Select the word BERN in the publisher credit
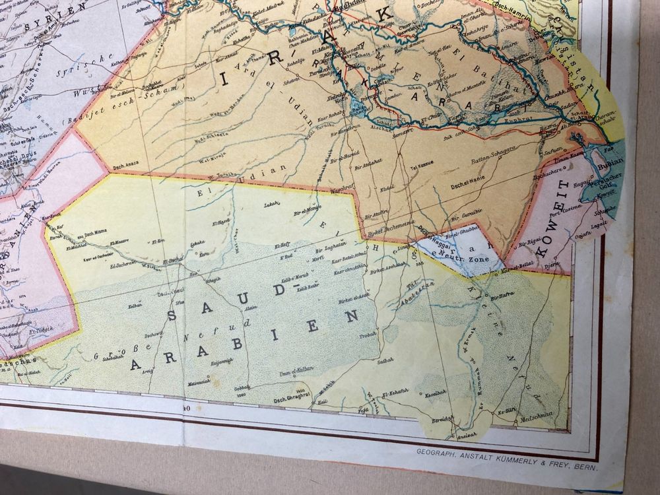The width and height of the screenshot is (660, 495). click(586, 469)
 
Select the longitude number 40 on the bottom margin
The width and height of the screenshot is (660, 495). click(187, 409)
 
